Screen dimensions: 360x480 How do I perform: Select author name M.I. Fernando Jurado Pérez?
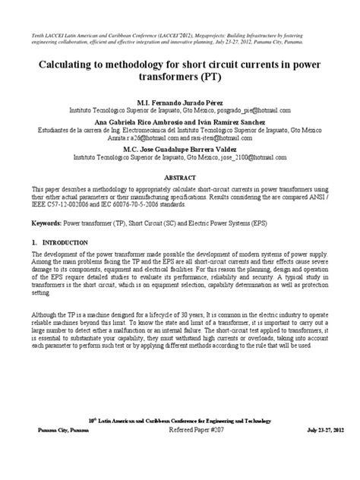[x=179, y=101]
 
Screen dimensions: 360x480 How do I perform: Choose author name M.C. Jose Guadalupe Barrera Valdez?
[x=179, y=150]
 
